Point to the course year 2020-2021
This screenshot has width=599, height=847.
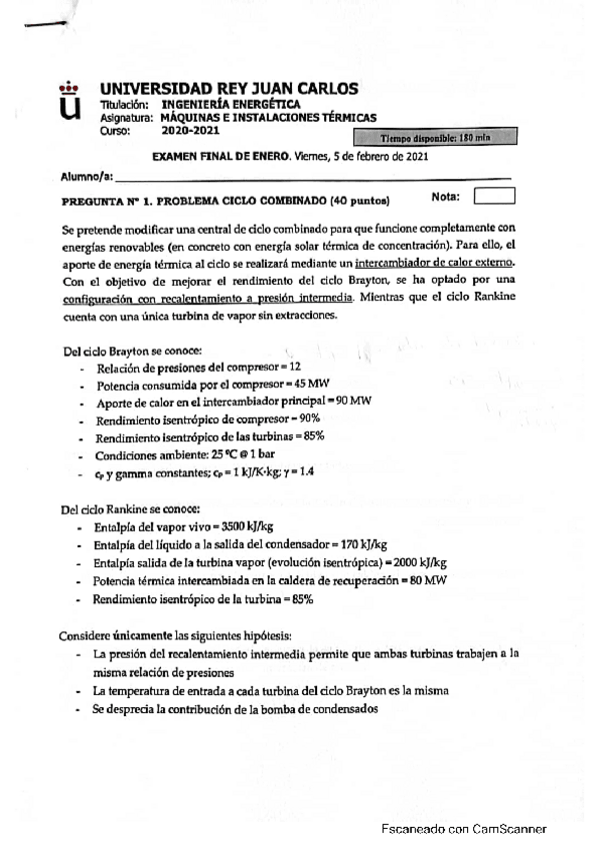(x=174, y=130)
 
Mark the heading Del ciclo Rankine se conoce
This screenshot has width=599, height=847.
(x=130, y=506)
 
